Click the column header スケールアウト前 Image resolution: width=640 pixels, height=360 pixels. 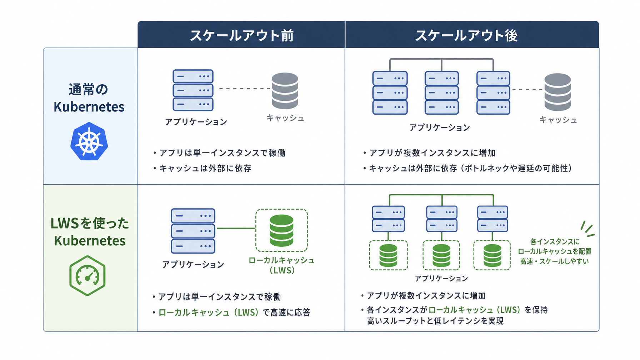242,35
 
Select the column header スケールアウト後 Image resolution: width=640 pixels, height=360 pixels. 466,35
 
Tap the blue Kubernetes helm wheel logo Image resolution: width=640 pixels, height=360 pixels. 89,141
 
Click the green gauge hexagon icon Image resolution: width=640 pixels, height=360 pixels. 87,275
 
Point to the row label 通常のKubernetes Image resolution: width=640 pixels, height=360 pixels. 89,98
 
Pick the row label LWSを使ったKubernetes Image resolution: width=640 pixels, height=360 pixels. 90,232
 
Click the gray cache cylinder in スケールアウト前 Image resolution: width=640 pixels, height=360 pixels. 285,91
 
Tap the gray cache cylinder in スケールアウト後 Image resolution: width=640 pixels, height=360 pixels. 557,92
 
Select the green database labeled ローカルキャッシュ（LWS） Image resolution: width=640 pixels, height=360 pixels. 281,230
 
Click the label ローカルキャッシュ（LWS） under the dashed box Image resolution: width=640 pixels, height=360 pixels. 282,265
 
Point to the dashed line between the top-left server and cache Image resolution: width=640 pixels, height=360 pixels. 245,88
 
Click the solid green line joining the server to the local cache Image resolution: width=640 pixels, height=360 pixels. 236,228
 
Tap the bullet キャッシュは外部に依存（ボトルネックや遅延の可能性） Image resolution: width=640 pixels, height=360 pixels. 467,168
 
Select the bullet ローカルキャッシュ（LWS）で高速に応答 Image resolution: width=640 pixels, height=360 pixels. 231,312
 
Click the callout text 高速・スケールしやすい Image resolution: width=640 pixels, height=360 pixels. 554,261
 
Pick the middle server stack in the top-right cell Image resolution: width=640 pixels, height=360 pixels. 442,93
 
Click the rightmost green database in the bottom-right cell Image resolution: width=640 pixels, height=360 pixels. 492,255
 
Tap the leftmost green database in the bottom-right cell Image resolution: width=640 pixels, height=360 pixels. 388,255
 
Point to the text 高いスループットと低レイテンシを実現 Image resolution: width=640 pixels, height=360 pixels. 435,321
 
